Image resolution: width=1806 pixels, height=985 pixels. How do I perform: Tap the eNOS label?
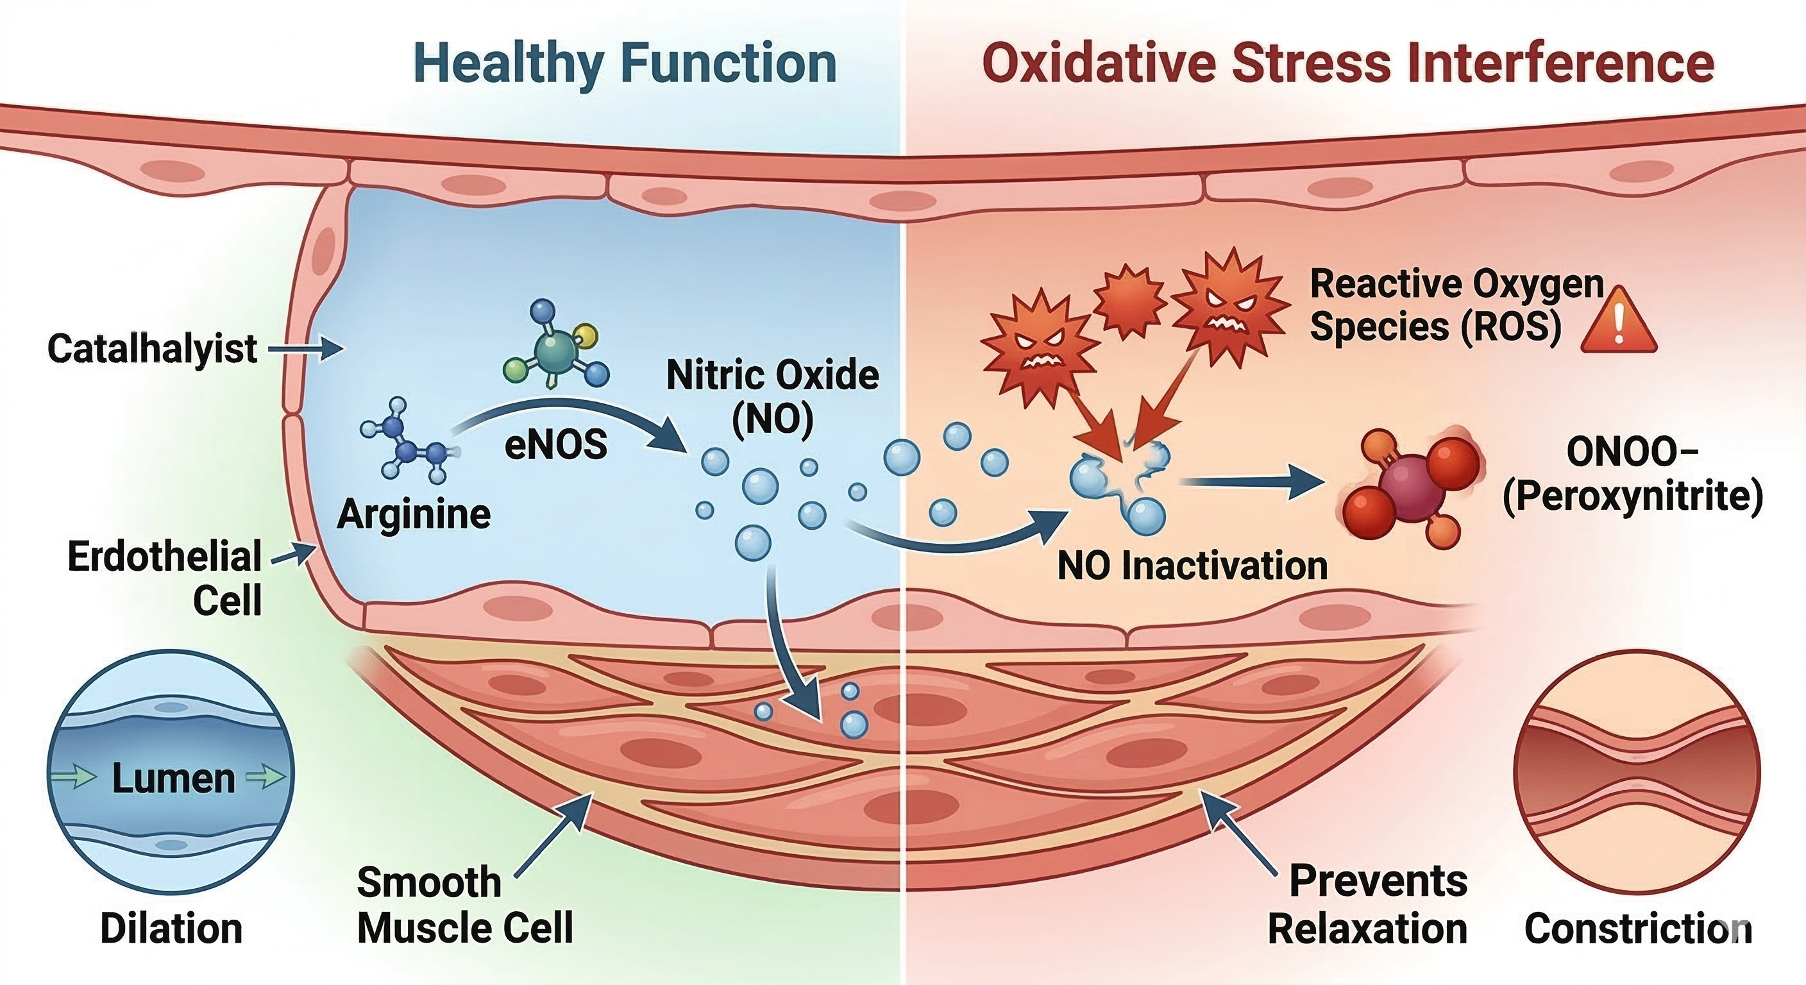pos(556,444)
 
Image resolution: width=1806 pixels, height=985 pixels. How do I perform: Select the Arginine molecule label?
pos(414,514)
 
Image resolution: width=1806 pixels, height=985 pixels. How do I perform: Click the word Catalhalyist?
pos(152,348)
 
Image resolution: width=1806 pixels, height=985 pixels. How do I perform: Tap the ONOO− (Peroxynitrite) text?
pos(1633,474)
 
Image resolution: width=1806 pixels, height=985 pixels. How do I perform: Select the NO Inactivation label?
pos(1192,565)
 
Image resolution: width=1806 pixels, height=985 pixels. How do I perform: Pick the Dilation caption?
pos(171,929)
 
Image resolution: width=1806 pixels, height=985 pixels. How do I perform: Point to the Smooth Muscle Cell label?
pos(465,905)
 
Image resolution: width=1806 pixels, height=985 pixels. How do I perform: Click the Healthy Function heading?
pos(625,63)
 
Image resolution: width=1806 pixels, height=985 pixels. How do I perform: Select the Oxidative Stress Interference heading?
pos(1347,63)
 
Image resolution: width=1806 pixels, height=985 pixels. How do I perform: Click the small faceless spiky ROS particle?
pos(1129,302)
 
